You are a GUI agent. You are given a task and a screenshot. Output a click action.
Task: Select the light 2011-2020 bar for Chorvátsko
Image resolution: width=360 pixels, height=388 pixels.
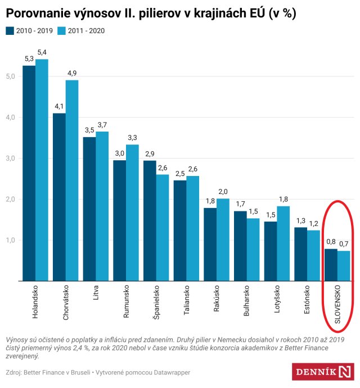(x=72, y=180)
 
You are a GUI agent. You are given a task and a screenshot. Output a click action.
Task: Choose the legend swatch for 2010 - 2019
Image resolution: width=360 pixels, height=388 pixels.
(x=10, y=30)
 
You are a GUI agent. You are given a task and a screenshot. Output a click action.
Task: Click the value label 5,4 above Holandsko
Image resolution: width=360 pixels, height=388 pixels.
(x=42, y=52)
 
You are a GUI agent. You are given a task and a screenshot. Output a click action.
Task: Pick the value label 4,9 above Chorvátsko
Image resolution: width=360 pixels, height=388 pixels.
(x=72, y=73)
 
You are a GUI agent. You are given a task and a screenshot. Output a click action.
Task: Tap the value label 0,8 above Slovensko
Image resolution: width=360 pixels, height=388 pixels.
(x=331, y=242)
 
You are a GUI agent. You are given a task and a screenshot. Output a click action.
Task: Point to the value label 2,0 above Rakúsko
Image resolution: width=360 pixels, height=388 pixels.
(x=223, y=192)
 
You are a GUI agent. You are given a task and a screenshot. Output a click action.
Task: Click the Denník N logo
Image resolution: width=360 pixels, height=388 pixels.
(x=324, y=372)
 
